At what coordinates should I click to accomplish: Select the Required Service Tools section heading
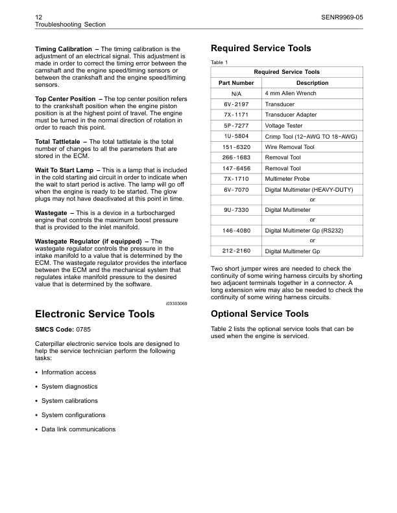click(x=261, y=49)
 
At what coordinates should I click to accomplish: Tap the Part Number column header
click(x=235, y=83)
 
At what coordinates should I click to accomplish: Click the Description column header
click(x=312, y=83)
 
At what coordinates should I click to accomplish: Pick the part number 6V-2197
click(x=235, y=104)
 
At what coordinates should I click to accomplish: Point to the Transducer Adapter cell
click(x=289, y=115)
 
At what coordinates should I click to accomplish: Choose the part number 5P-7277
click(x=235, y=126)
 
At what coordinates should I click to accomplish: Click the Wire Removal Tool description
click(x=289, y=147)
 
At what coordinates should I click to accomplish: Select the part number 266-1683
click(x=235, y=157)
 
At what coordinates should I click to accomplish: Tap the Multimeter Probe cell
click(x=287, y=179)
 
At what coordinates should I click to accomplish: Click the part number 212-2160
click(x=235, y=251)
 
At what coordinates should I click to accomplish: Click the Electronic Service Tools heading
click(x=94, y=314)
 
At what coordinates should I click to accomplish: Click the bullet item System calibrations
click(x=69, y=401)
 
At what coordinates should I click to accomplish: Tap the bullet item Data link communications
click(x=78, y=429)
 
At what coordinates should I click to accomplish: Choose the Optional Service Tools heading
click(x=259, y=314)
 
